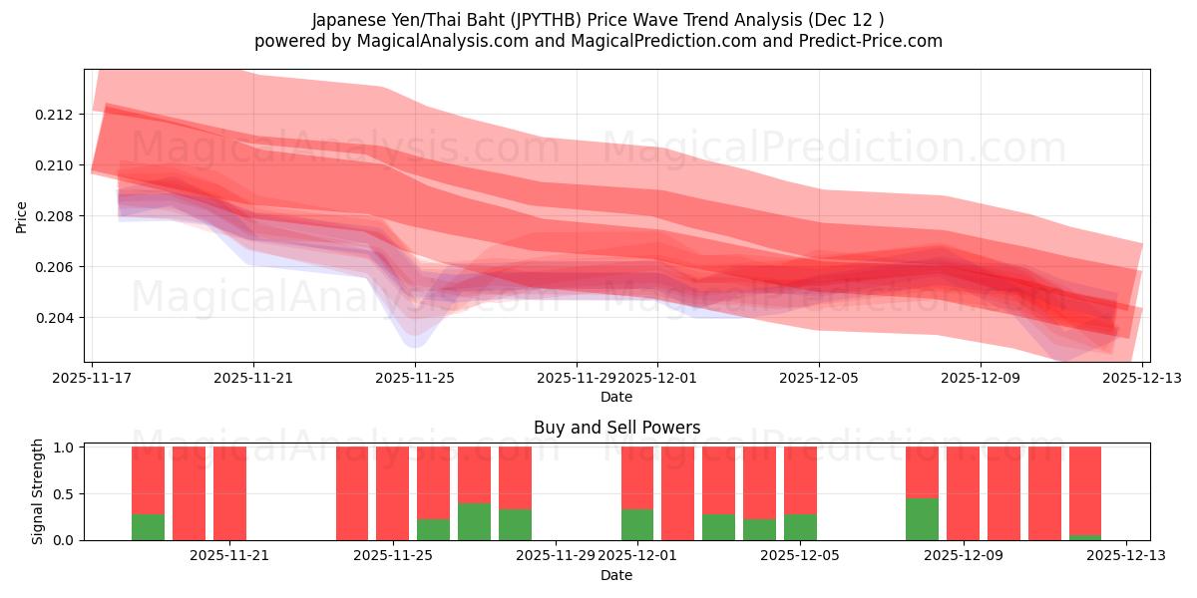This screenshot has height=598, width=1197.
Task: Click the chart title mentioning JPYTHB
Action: pos(598,20)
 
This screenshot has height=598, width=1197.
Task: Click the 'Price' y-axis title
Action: pos(22,216)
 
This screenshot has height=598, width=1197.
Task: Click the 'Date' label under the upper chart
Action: pos(615,397)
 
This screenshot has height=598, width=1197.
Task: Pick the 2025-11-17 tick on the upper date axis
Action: pos(92,379)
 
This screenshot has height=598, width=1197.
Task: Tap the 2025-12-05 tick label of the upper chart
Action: pos(819,379)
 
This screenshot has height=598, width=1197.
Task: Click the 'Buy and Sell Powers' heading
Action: pos(615,428)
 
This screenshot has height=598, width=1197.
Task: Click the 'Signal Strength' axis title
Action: pos(38,492)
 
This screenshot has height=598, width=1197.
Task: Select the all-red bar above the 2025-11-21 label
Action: pos(229,493)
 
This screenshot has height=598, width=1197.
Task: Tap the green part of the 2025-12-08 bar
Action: pos(922,519)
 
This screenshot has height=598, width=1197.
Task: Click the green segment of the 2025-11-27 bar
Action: pos(474,521)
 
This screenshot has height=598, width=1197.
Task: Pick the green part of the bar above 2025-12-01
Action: pos(637,525)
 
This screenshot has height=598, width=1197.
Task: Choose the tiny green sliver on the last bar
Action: pos(1085,537)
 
